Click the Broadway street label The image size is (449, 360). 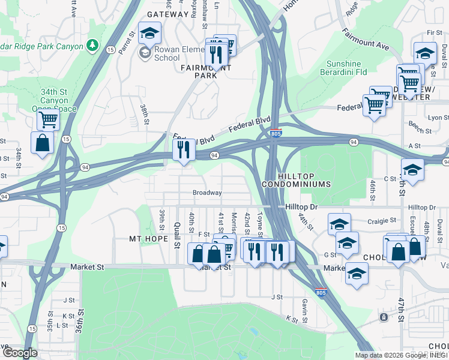(207, 193)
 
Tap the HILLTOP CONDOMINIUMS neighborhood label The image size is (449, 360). (296, 178)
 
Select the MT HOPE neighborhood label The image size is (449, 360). (148, 238)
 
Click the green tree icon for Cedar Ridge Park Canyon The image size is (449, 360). (92, 44)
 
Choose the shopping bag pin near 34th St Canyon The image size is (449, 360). (42, 143)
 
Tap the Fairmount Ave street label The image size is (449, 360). (366, 38)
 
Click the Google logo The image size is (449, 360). (20, 352)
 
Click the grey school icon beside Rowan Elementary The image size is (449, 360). (145, 53)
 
